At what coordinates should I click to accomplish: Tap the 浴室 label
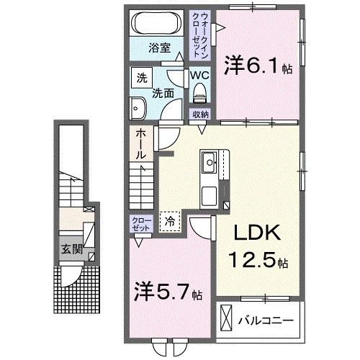pyautogui.click(x=159, y=50)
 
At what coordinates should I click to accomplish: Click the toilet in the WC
pyautogui.click(x=199, y=92)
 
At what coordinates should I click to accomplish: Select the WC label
pyautogui.click(x=199, y=74)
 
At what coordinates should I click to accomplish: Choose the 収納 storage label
pyautogui.click(x=200, y=114)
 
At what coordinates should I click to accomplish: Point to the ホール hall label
pyautogui.click(x=141, y=144)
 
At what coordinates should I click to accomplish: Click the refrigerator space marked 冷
pyautogui.click(x=171, y=222)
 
